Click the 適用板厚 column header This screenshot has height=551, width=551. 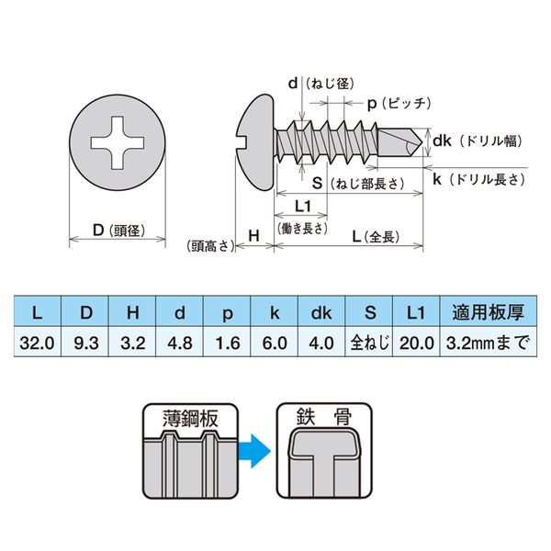(x=486, y=313)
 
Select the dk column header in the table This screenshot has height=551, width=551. (x=320, y=313)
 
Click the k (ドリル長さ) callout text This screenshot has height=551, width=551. (x=478, y=181)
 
